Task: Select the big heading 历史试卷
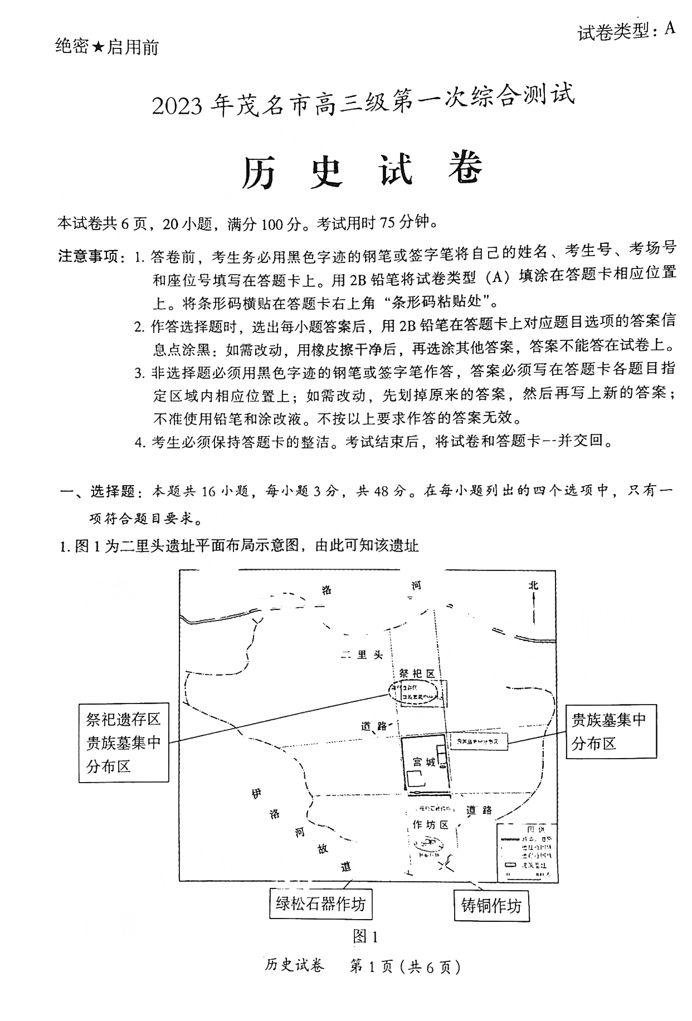[x=362, y=169]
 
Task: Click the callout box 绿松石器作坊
[x=320, y=903]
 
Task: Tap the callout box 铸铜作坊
[x=491, y=906]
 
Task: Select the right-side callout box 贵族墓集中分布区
[x=610, y=731]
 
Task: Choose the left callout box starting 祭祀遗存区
[x=123, y=743]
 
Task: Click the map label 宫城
[x=424, y=762]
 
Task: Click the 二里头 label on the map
[x=362, y=655]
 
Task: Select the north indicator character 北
[x=533, y=585]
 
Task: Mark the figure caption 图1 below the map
[x=366, y=937]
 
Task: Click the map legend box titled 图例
[x=526, y=853]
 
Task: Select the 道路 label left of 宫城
[x=374, y=726]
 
